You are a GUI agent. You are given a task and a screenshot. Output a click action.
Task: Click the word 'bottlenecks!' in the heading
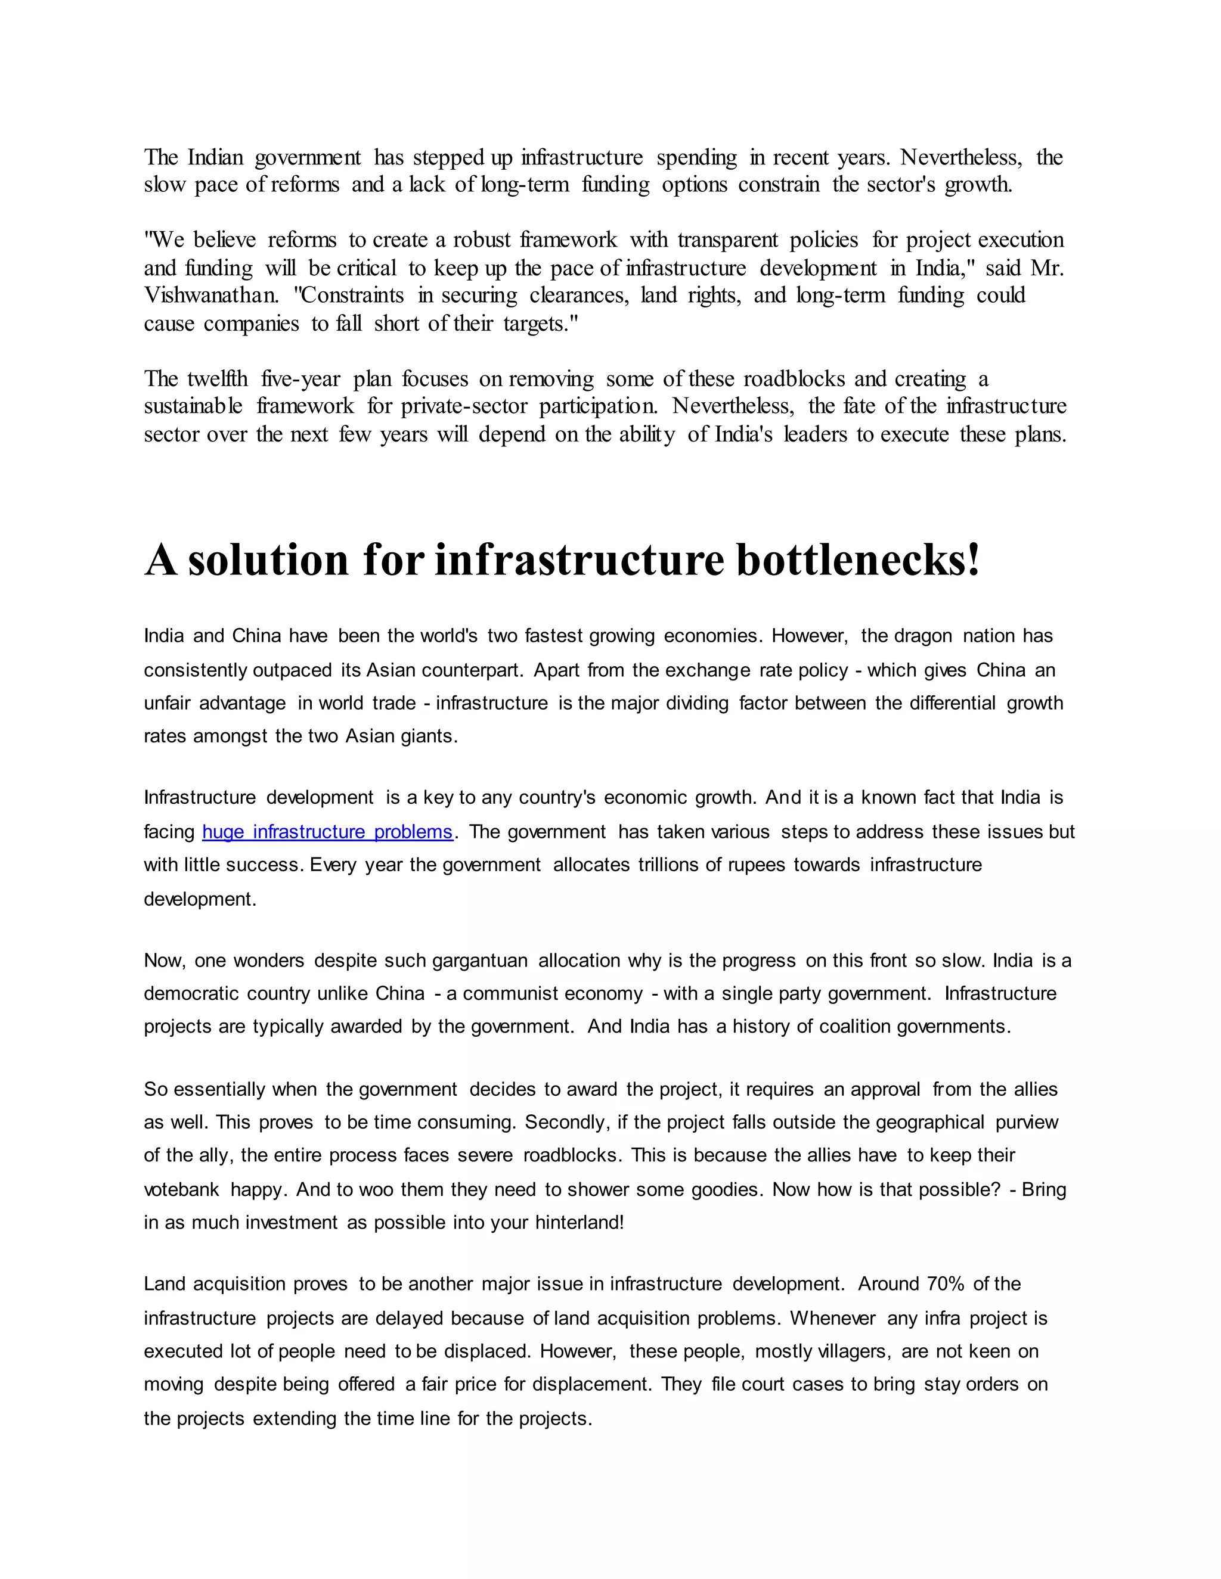(x=858, y=560)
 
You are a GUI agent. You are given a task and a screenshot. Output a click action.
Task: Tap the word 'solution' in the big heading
(x=268, y=560)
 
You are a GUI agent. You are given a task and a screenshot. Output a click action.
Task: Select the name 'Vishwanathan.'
(x=211, y=296)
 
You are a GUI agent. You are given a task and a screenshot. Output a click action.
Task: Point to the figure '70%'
(x=946, y=1284)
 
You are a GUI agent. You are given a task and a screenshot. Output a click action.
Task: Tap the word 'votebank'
(x=181, y=1190)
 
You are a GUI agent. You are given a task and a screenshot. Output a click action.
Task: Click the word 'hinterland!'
(x=579, y=1223)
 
